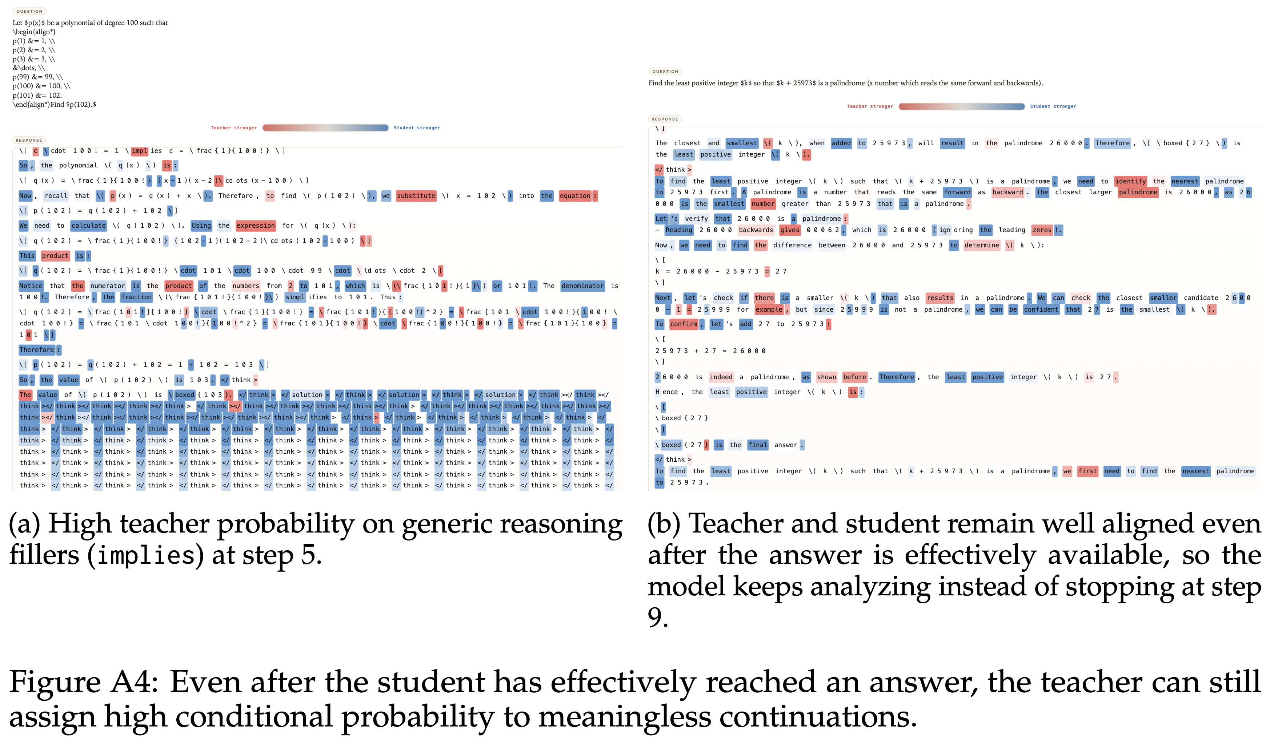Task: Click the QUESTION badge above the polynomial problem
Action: (29, 11)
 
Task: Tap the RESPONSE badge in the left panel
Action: (29, 140)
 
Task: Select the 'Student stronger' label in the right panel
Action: (1053, 106)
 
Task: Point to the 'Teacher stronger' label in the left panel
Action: (233, 128)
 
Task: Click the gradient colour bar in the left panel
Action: (325, 128)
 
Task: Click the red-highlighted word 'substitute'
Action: (416, 195)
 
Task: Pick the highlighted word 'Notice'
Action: (31, 286)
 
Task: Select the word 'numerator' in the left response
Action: (107, 286)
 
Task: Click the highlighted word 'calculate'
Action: (88, 226)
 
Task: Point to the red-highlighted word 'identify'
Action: (1130, 181)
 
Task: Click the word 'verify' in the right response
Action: (696, 219)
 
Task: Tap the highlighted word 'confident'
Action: (1041, 309)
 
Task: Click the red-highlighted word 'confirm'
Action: (684, 324)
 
